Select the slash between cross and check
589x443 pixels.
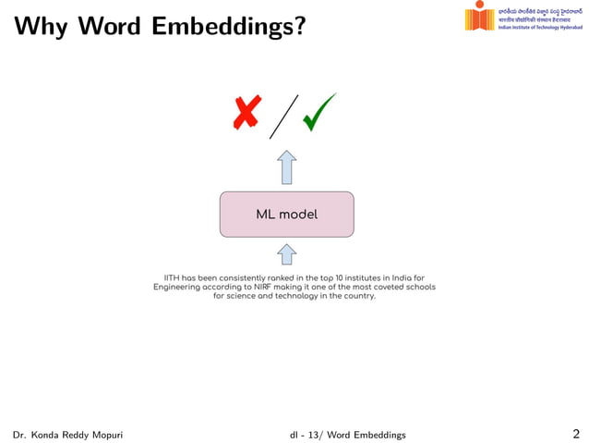coord(284,116)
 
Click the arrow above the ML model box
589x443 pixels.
coord(287,167)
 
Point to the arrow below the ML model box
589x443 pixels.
coord(287,254)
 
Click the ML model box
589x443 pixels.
coord(286,215)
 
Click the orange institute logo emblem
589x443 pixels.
coord(480,18)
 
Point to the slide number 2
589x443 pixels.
coord(576,434)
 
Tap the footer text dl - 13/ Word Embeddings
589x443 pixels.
coord(347,435)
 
